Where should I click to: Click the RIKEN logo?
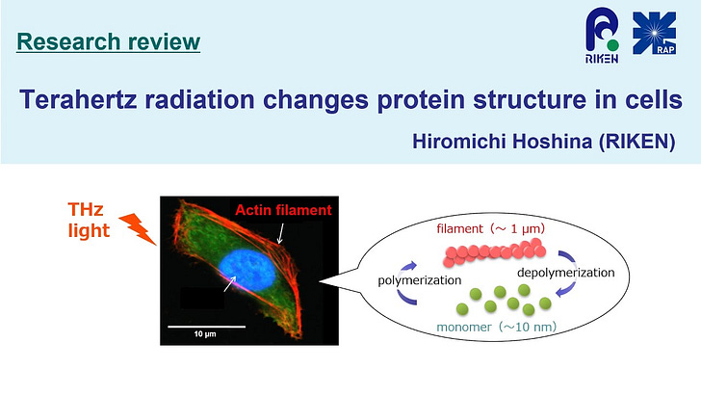[x=602, y=37]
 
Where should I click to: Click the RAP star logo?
[x=654, y=33]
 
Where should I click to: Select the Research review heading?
[x=108, y=41]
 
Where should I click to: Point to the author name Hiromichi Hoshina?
[x=502, y=142]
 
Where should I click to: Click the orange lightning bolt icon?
[x=138, y=228]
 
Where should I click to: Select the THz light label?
[x=89, y=220]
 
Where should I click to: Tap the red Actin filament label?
[x=283, y=210]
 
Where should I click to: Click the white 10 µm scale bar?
[x=206, y=327]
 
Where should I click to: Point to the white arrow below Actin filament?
[x=280, y=233]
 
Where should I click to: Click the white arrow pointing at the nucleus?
[x=230, y=283]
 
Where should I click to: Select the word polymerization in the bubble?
[x=420, y=280]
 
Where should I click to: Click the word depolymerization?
[x=565, y=273]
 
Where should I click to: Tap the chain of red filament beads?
[x=494, y=252]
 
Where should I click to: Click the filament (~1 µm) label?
[x=490, y=228]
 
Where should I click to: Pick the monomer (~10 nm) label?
[x=496, y=327]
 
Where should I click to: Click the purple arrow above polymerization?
[x=406, y=269]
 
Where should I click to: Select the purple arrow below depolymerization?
[x=567, y=289]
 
